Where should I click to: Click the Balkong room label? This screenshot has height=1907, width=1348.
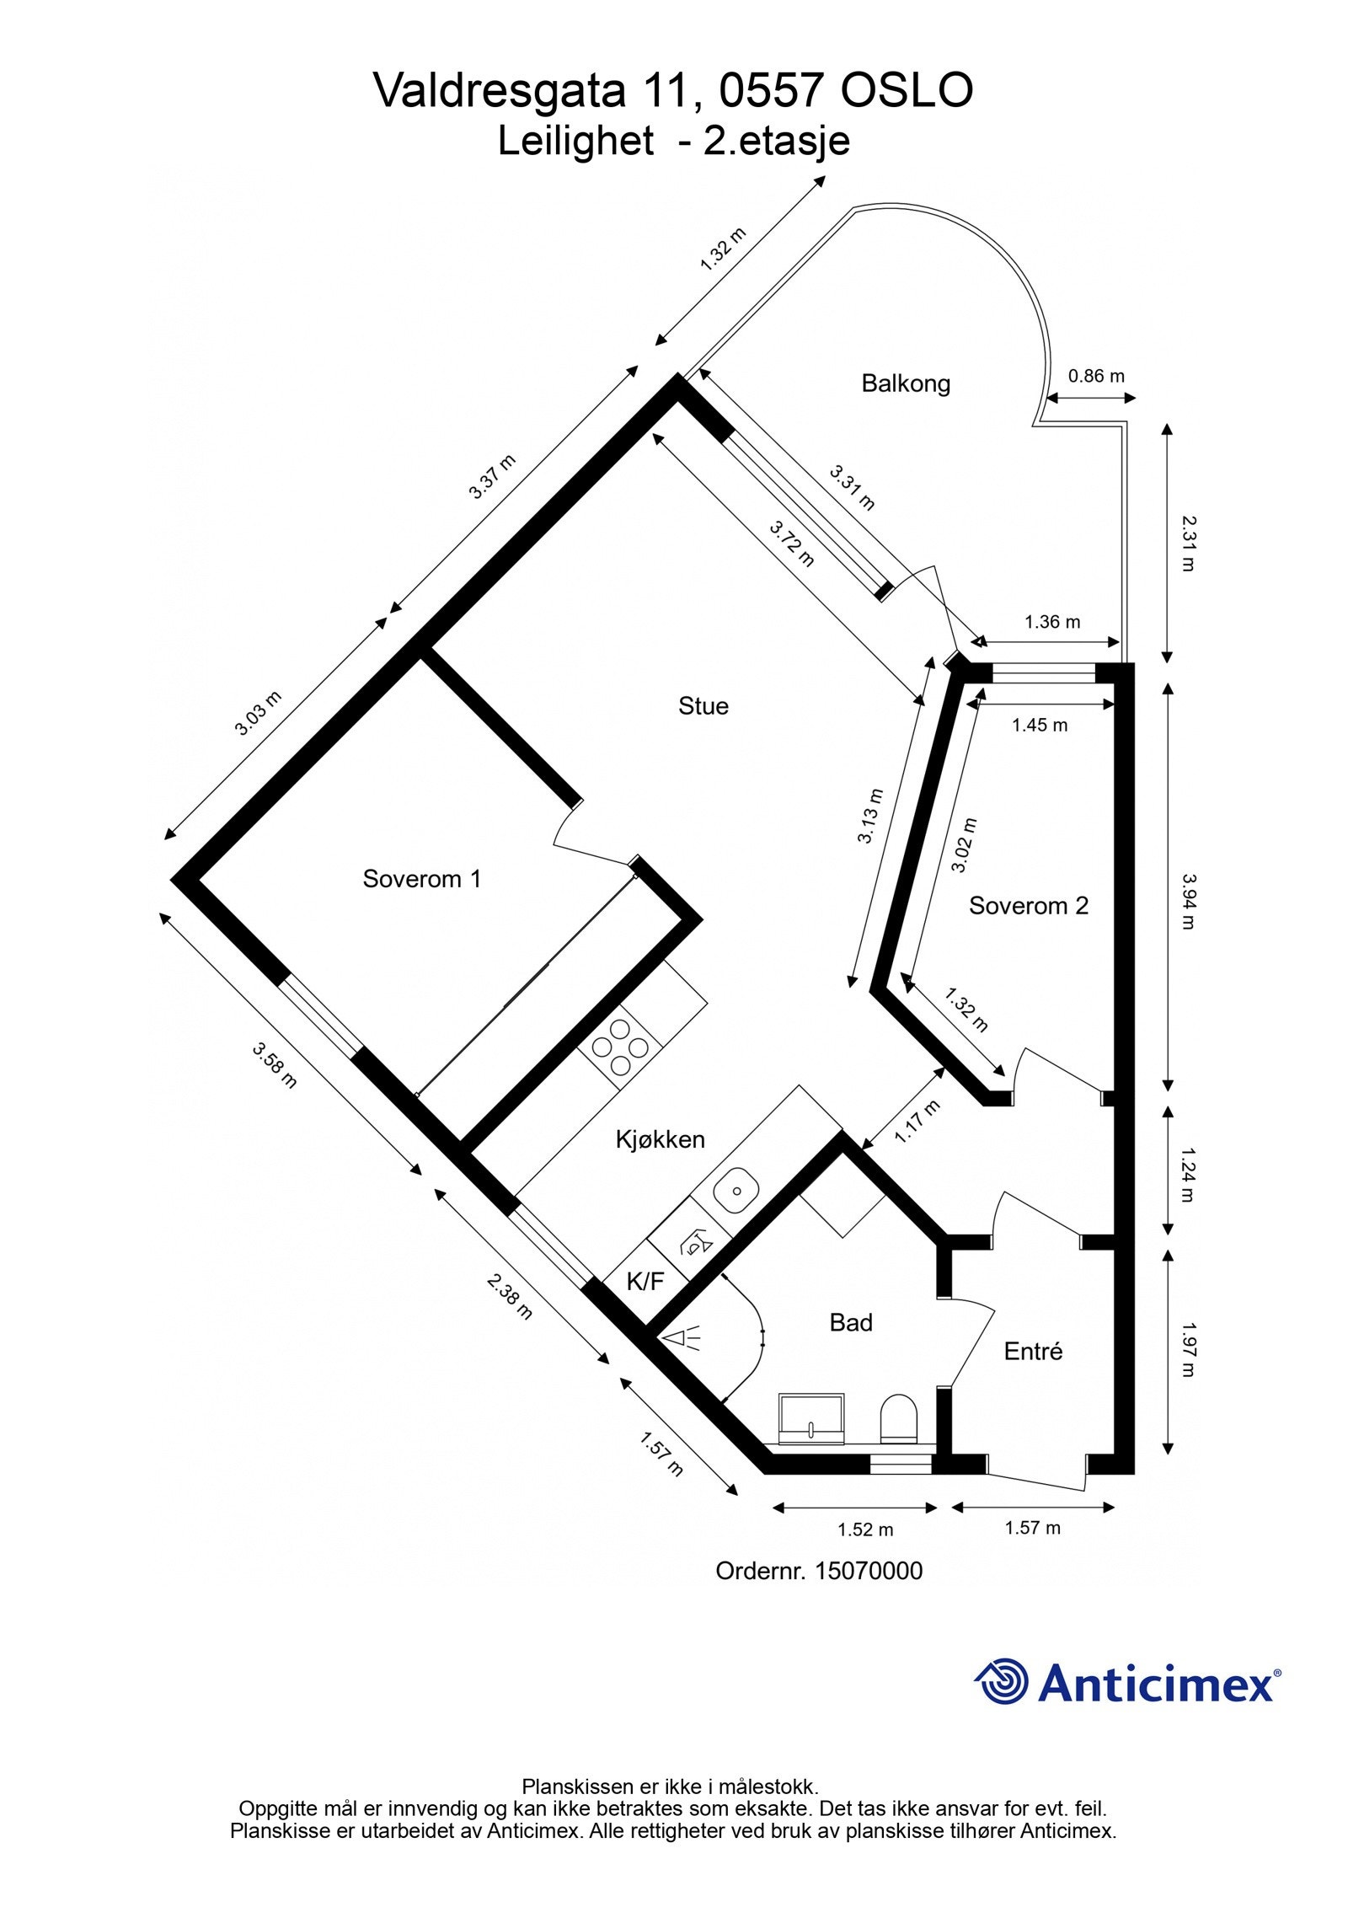tap(905, 383)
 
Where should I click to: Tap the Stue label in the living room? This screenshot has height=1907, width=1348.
tap(703, 705)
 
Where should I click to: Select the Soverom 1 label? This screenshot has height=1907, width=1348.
tap(421, 879)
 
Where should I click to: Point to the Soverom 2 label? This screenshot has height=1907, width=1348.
tap(1028, 906)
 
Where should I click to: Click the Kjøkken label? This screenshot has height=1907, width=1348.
tap(660, 1139)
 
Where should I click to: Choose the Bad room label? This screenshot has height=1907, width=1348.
tap(850, 1322)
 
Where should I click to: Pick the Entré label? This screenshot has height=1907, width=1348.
tap(1033, 1351)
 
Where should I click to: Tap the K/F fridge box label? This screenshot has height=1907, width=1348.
tap(645, 1282)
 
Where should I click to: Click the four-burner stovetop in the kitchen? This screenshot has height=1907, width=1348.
tap(620, 1047)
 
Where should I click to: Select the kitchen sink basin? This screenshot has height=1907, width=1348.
tap(736, 1191)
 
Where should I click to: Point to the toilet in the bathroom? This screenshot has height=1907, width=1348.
tap(898, 1417)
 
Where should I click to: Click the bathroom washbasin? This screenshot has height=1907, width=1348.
tap(810, 1416)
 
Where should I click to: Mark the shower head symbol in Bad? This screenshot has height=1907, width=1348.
tap(682, 1337)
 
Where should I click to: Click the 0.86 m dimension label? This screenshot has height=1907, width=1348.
tap(1096, 376)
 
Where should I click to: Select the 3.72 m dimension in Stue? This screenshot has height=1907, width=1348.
tap(792, 544)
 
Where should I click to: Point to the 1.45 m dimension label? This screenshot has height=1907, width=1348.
tap(1039, 725)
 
